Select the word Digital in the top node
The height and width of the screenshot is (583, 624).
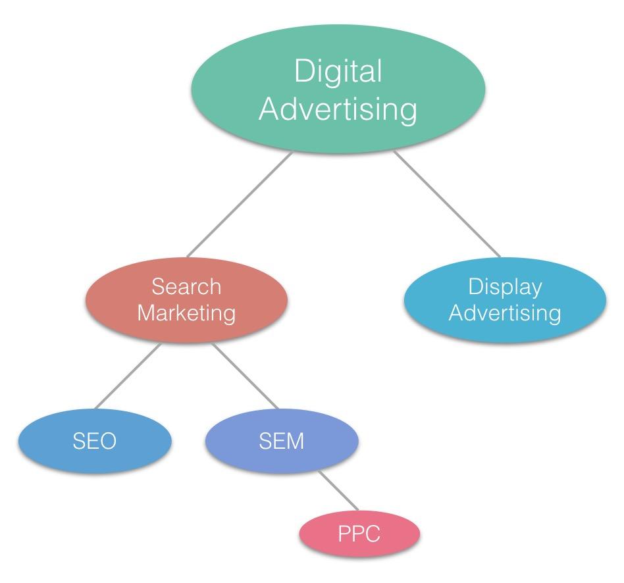click(x=338, y=72)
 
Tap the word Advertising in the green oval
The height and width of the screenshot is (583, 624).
click(x=338, y=110)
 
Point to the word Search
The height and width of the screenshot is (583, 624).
click(x=186, y=287)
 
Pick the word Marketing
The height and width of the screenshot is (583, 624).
click(x=186, y=313)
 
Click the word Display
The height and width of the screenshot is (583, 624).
click(x=505, y=287)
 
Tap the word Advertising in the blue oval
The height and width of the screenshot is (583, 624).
click(x=505, y=313)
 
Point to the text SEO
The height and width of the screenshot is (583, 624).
click(x=93, y=441)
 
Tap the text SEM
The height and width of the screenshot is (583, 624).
click(x=282, y=441)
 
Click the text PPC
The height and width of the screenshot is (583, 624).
click(x=359, y=534)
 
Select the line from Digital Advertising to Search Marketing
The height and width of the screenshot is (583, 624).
click(x=239, y=205)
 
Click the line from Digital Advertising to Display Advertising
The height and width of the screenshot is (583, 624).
click(x=447, y=204)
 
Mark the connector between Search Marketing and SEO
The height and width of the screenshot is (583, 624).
click(x=127, y=376)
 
